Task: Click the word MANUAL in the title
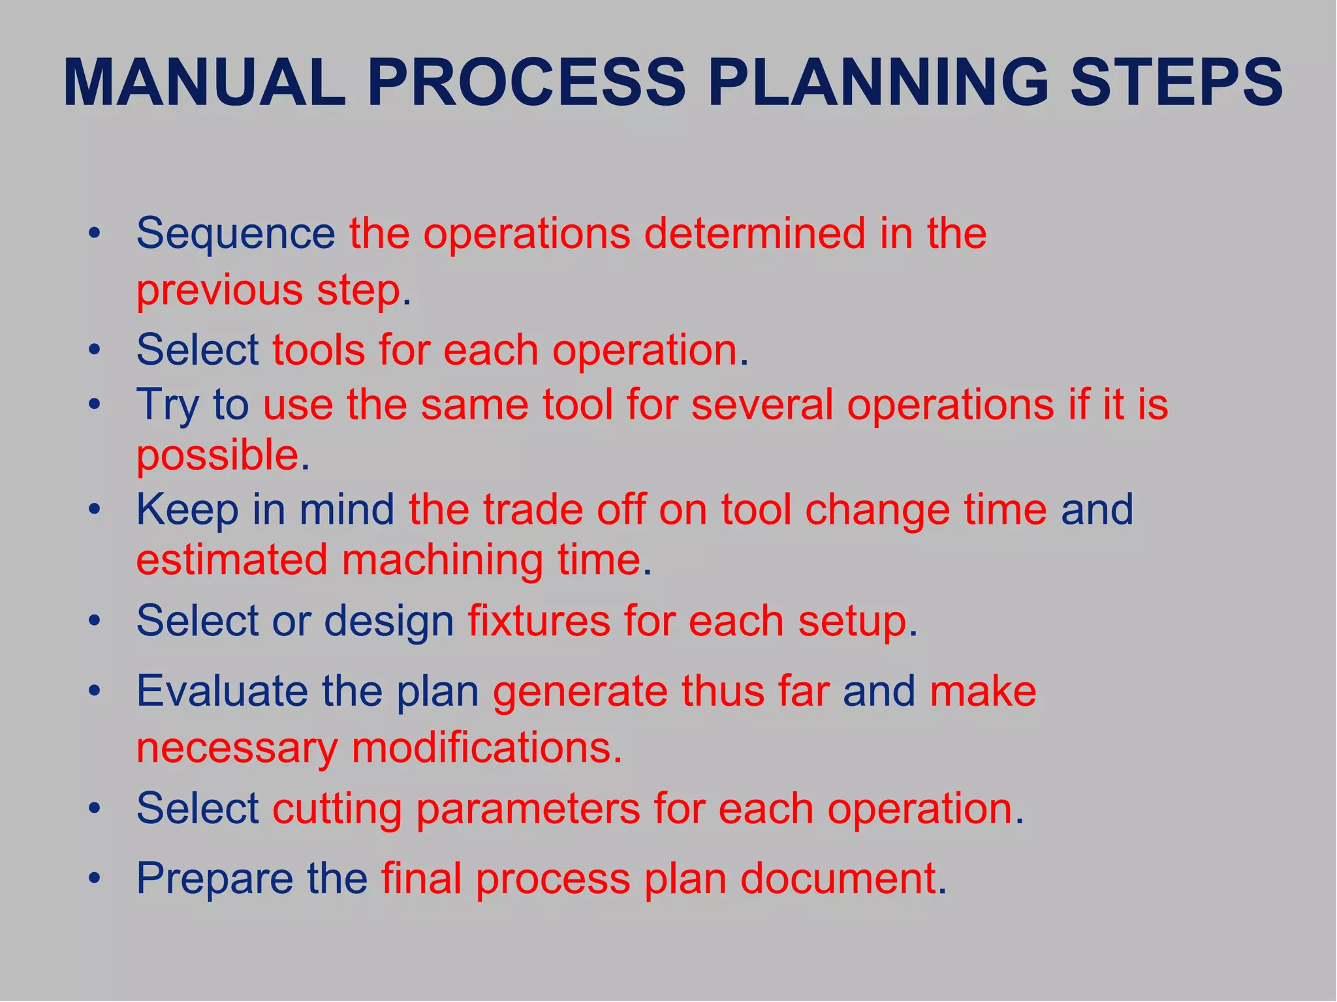(204, 83)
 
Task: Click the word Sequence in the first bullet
(235, 234)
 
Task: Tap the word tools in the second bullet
(319, 350)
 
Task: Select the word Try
(167, 406)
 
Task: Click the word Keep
(187, 510)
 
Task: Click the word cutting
(337, 810)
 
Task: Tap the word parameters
(528, 810)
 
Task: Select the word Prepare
(215, 879)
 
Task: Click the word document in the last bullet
(838, 878)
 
